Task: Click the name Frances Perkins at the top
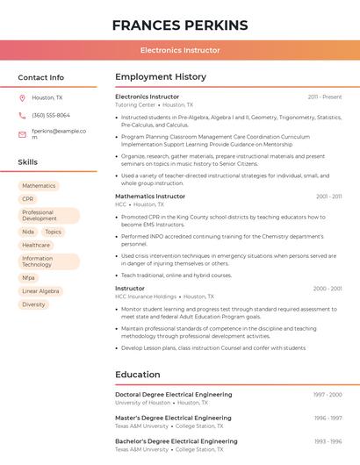coord(180,25)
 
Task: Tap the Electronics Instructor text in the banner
coord(180,50)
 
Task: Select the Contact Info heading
coord(41,77)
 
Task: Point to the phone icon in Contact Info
coord(22,115)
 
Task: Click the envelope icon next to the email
coord(22,134)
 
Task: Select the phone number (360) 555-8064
coord(51,115)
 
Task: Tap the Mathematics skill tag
coord(39,186)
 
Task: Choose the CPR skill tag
coord(28,199)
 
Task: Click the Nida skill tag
coord(28,232)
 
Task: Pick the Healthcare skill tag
coord(36,245)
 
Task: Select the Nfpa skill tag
coord(29,277)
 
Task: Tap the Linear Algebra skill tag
coord(40,290)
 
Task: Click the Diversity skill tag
coord(33,304)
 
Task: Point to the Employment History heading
coord(161,77)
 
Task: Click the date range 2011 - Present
coord(325,97)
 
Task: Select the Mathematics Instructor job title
coord(150,197)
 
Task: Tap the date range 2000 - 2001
coord(328,288)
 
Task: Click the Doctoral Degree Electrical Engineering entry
coord(173,395)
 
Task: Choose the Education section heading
coord(138,375)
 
